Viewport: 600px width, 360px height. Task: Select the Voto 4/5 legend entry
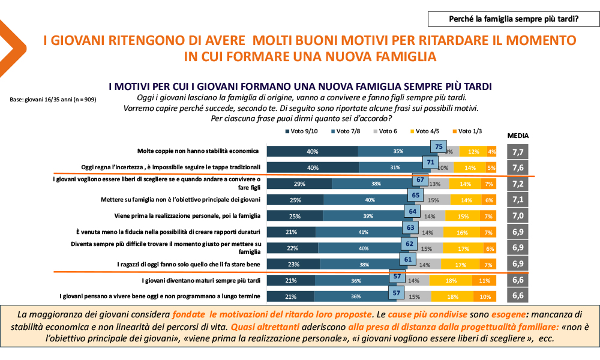[423, 131]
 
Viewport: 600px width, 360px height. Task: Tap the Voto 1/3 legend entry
[463, 131]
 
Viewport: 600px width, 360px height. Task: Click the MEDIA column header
[518, 136]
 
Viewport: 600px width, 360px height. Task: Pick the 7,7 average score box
[518, 152]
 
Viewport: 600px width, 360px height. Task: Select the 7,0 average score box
[518, 215]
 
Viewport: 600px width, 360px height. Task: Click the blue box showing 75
[439, 147]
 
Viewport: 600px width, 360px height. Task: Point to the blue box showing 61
[407, 260]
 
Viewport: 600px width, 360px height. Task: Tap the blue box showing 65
[414, 196]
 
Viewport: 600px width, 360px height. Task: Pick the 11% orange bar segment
[484, 280]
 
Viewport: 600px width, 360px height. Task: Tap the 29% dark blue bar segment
[299, 184]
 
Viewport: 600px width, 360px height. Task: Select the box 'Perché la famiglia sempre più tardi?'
[514, 19]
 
